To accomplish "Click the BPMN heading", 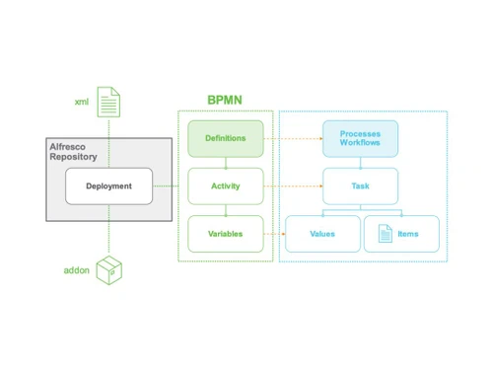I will pyautogui.click(x=226, y=100).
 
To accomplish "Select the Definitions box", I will pyautogui.click(x=226, y=138).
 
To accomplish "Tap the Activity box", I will pyautogui.click(x=226, y=185).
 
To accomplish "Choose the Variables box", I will pyautogui.click(x=226, y=234).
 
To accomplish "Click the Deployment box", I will pyautogui.click(x=108, y=185).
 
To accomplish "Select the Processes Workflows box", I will pyautogui.click(x=360, y=138).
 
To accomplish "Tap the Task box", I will pyautogui.click(x=360, y=185).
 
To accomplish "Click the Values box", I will pyautogui.click(x=321, y=234).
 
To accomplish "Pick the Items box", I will pyautogui.click(x=398, y=234).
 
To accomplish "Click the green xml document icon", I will pyautogui.click(x=108, y=103).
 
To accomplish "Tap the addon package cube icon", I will pyautogui.click(x=108, y=269).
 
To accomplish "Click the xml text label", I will pyautogui.click(x=82, y=103).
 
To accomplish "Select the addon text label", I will pyautogui.click(x=76, y=269).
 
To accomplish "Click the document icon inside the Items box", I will pyautogui.click(x=384, y=234).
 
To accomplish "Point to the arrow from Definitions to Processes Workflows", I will pyautogui.click(x=293, y=138).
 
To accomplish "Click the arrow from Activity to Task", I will pyautogui.click(x=293, y=185).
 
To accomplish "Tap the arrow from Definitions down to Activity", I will pyautogui.click(x=226, y=162).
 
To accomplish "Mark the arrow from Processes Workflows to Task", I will pyautogui.click(x=360, y=162).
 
